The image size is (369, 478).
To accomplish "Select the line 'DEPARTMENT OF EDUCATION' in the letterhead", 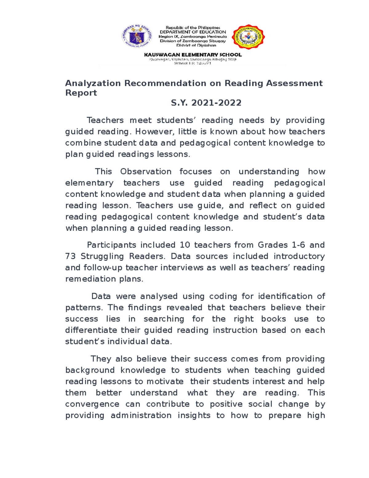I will click(x=193, y=32).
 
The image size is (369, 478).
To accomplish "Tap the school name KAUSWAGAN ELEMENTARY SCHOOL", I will click(x=193, y=55).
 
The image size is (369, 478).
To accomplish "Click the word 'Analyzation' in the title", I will click(x=93, y=83).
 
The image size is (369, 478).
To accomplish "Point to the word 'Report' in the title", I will click(x=81, y=93).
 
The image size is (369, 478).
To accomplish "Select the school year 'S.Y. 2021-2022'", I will click(x=206, y=103).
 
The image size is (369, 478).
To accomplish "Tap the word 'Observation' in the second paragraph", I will click(x=146, y=171).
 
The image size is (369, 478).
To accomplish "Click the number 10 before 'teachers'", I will click(x=185, y=245).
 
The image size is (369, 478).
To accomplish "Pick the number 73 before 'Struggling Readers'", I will click(x=70, y=256).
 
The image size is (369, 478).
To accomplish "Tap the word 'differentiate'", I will click(x=91, y=330).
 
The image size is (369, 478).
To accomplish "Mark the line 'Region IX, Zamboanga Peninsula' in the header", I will click(x=193, y=37).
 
